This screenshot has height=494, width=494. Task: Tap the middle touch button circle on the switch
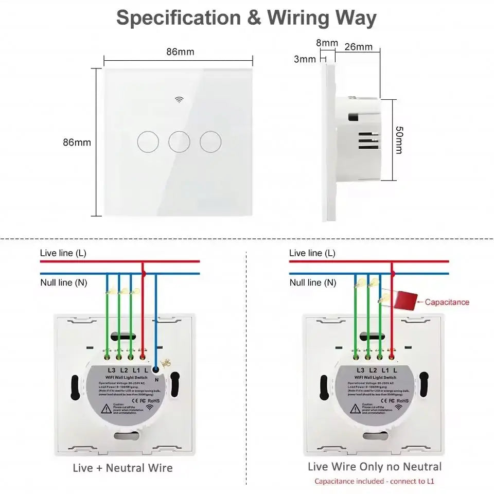(179, 141)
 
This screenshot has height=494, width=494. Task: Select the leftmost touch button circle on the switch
(148, 141)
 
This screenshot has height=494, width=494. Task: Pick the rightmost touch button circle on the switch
(210, 141)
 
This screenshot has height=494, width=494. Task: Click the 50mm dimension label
(399, 139)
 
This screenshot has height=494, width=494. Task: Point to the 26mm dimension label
(358, 47)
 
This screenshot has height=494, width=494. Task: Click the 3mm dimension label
(305, 59)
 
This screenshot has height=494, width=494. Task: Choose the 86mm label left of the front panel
(77, 142)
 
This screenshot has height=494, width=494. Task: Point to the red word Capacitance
(447, 302)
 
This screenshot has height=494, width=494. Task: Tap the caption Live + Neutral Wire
(123, 468)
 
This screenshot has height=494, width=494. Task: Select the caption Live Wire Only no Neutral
(375, 467)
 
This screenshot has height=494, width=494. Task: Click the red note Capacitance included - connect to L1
(374, 482)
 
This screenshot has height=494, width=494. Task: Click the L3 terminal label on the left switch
(111, 370)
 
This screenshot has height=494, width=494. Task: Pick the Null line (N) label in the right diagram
(312, 283)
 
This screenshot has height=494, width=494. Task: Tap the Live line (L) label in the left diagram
(63, 253)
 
